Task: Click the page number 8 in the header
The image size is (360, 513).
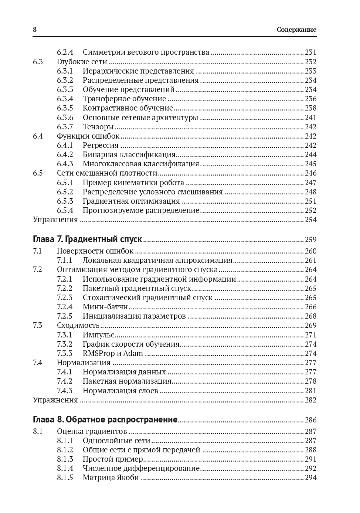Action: click(35, 30)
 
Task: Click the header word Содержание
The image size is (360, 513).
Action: click(296, 30)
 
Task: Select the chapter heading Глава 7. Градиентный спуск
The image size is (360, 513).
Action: click(87, 239)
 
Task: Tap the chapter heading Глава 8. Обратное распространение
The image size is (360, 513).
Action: click(105, 419)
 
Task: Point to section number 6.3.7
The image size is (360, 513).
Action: click(65, 127)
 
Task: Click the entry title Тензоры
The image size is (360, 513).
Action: click(98, 127)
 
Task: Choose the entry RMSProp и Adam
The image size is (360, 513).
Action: click(113, 353)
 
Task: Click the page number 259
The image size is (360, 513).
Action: click(310, 239)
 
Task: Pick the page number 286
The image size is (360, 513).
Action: click(310, 420)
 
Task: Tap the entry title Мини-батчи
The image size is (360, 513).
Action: click(105, 307)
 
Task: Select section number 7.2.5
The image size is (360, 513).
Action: click(65, 316)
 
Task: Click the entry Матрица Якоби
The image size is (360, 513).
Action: click(111, 478)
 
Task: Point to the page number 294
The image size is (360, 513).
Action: click(310, 478)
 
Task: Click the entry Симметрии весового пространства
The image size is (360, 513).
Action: click(146, 52)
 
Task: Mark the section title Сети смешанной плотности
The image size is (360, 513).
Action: click(107, 173)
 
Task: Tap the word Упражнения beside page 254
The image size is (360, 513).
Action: click(55, 220)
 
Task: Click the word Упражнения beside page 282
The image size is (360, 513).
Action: click(55, 400)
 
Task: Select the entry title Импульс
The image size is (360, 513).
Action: click(98, 335)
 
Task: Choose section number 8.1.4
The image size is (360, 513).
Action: click(65, 468)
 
